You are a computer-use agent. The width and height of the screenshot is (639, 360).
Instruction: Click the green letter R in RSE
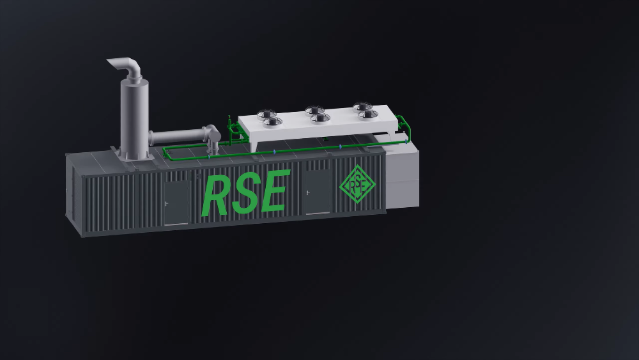[215, 196]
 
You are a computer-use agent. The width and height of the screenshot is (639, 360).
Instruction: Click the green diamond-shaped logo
[358, 182]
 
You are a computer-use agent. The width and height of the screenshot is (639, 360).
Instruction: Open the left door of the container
[177, 203]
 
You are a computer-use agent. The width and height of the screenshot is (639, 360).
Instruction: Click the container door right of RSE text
[318, 192]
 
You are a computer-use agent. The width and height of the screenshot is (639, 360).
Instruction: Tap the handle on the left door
[167, 203]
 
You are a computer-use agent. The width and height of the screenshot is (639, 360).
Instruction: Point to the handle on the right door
[308, 192]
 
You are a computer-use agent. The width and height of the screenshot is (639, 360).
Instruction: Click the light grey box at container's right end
[402, 176]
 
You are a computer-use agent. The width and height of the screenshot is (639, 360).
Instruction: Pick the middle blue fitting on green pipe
[274, 152]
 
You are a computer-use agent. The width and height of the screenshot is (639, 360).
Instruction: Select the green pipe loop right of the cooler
[404, 129]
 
